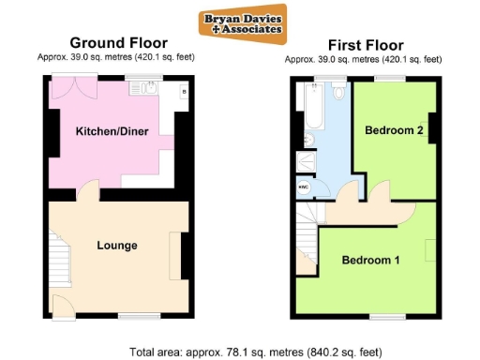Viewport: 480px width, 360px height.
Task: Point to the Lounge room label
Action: (x=117, y=246)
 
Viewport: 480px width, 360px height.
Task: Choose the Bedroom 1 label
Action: (x=370, y=260)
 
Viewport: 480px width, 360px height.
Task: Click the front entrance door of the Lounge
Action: (x=59, y=306)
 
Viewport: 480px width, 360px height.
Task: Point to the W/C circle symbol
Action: (x=303, y=187)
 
